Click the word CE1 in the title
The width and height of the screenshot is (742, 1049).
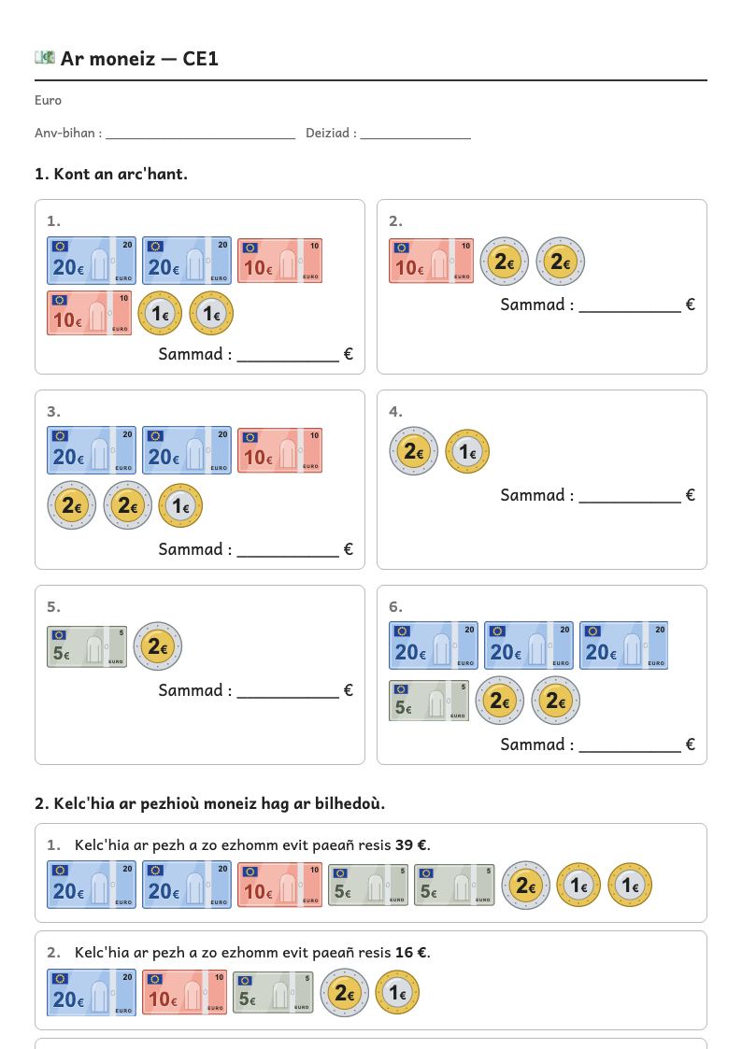point(200,59)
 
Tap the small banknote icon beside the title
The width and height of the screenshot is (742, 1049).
point(45,58)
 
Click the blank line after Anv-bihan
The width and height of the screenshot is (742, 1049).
point(201,138)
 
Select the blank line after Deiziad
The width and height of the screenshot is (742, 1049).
point(416,138)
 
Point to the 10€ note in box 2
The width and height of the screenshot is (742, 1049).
point(431,261)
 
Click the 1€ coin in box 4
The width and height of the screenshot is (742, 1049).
point(467,451)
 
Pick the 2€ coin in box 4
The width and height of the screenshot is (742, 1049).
point(413,451)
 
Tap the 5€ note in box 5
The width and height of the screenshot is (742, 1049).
point(87,647)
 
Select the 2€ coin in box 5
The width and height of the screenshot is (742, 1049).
point(157,646)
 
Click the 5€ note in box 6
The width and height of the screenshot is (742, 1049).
point(429,702)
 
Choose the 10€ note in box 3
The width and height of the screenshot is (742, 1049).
point(279,451)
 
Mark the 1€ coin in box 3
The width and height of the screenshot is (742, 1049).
point(180,505)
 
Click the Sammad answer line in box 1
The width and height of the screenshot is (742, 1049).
point(289,361)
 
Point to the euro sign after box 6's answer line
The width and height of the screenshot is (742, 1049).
point(691,744)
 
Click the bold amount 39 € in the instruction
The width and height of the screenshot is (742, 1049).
point(411,845)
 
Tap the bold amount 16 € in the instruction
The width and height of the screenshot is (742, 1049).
point(411,952)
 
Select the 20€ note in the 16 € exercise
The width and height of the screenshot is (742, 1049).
point(91,993)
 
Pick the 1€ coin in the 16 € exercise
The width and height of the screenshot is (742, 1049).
point(397,994)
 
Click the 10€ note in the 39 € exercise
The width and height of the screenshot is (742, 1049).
point(279,885)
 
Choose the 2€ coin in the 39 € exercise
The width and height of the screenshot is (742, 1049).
point(526,886)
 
